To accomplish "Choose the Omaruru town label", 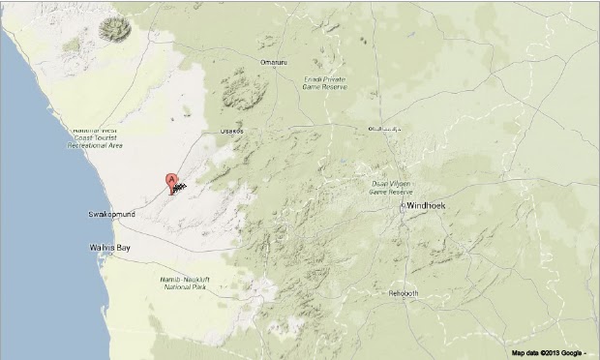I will click(275, 63).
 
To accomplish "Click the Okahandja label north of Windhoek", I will click(384, 128).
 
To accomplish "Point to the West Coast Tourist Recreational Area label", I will click(95, 138).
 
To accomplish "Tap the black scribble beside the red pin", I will click(181, 189).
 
